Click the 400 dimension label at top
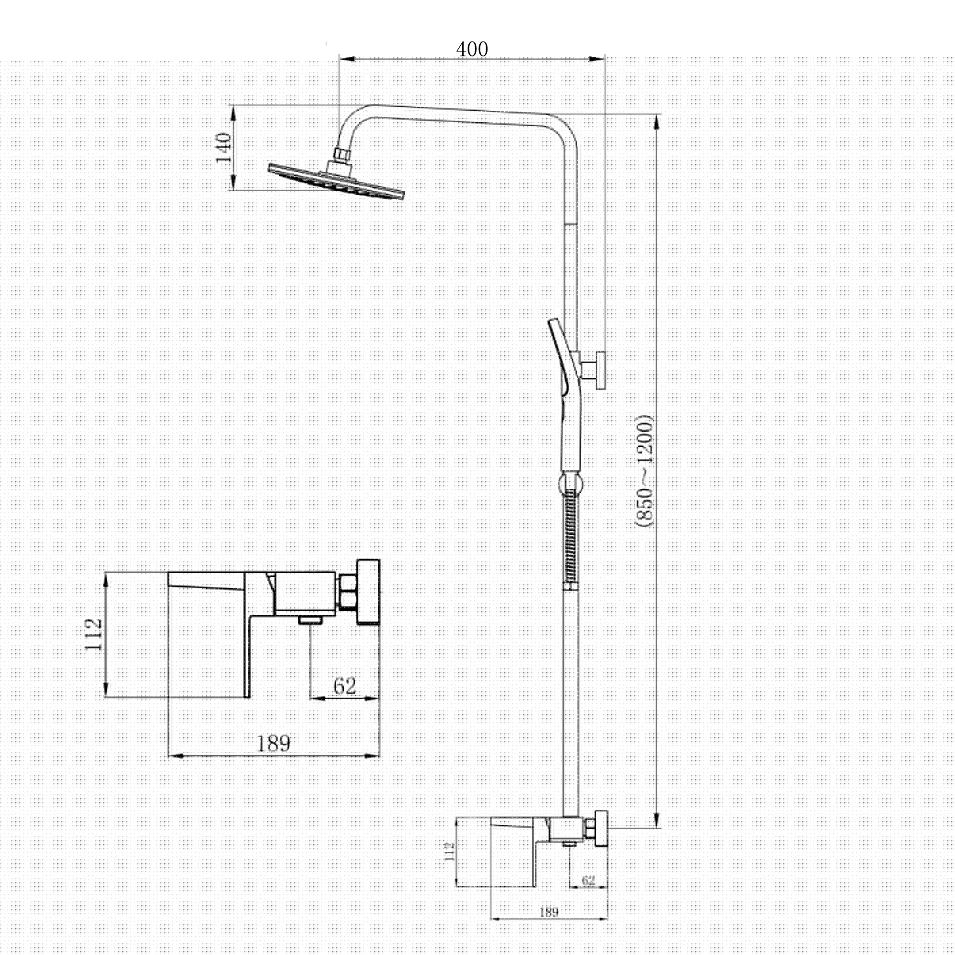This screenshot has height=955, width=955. click(x=472, y=50)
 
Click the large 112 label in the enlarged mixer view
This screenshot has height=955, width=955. click(x=94, y=634)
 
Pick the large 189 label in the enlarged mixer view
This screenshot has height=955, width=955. click(x=273, y=743)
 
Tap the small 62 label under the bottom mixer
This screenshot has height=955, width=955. click(x=588, y=880)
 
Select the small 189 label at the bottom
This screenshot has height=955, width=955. click(x=549, y=912)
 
